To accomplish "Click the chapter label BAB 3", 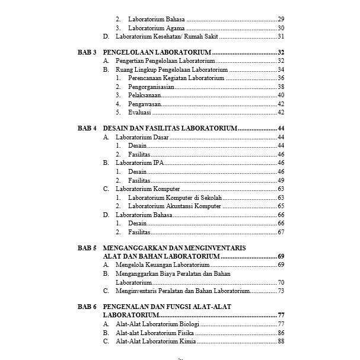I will (x=87, y=53).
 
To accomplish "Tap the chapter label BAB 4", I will (x=87, y=128).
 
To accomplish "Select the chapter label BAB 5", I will (x=87, y=247).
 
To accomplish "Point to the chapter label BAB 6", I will (x=87, y=307).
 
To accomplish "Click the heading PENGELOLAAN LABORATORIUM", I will (x=161, y=53).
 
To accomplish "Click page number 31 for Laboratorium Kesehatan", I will (x=281, y=36).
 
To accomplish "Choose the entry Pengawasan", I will (x=145, y=103).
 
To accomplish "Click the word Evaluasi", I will (x=140, y=112).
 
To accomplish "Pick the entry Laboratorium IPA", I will (x=139, y=163).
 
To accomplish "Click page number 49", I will (x=281, y=180).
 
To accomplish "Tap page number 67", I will (x=281, y=232).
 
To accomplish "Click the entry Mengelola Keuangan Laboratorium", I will (x=162, y=265).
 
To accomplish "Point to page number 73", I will (x=281, y=291).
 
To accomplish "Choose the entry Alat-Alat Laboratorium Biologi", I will (x=158, y=324).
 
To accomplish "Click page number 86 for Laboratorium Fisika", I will (x=281, y=333).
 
